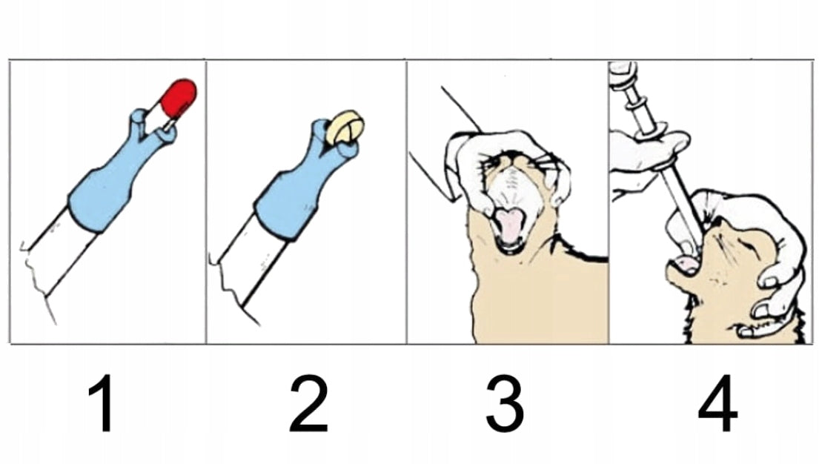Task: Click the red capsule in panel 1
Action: click(x=179, y=98)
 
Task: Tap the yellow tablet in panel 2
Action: click(x=345, y=127)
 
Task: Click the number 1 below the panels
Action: click(x=102, y=402)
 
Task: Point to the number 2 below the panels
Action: click(x=308, y=402)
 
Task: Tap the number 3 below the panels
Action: click(x=505, y=402)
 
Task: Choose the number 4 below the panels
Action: click(x=717, y=402)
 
